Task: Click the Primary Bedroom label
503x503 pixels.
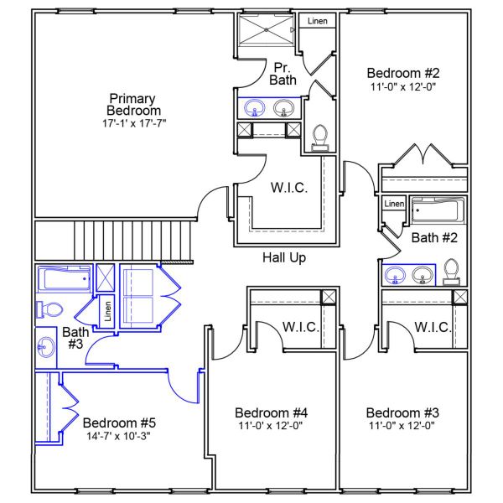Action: (133, 104)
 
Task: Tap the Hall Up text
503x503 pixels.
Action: (284, 257)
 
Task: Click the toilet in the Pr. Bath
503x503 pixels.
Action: (319, 137)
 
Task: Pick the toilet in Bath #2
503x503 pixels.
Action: (451, 272)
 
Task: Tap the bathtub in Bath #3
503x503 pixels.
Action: (64, 277)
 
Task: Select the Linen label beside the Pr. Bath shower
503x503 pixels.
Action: (318, 21)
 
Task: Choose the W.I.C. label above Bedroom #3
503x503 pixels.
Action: (433, 326)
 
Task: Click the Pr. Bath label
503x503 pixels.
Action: (282, 73)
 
